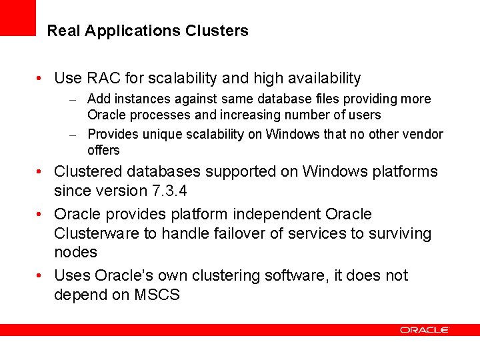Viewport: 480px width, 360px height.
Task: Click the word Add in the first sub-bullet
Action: pyautogui.click(x=99, y=99)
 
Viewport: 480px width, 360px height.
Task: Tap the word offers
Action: pyautogui.click(x=103, y=150)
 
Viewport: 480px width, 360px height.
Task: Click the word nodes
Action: pyautogui.click(x=75, y=252)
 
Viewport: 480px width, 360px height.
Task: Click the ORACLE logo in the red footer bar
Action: pyautogui.click(x=425, y=329)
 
